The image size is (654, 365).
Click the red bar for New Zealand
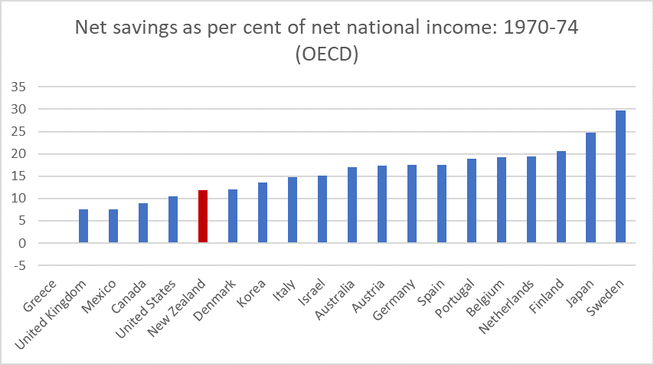(x=203, y=217)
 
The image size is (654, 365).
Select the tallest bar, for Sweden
(x=621, y=177)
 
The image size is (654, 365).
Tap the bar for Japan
(x=591, y=188)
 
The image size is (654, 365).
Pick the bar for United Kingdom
(x=83, y=226)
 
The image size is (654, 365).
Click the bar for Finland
(x=561, y=197)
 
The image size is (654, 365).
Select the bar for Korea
(x=263, y=213)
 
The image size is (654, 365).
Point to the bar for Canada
(x=143, y=223)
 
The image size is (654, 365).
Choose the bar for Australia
(x=352, y=206)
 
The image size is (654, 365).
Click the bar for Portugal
(x=472, y=201)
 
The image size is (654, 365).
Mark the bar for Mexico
(x=113, y=226)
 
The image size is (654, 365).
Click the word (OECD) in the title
(x=327, y=56)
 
